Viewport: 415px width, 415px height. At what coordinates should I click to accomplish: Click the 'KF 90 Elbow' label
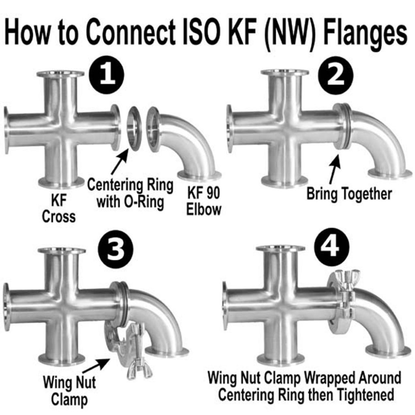click(203, 202)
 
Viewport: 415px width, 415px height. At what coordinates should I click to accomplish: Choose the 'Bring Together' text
click(349, 194)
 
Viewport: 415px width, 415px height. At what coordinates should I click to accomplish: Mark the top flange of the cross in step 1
click(60, 74)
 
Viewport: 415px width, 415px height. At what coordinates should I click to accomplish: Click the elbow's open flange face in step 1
click(153, 129)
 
